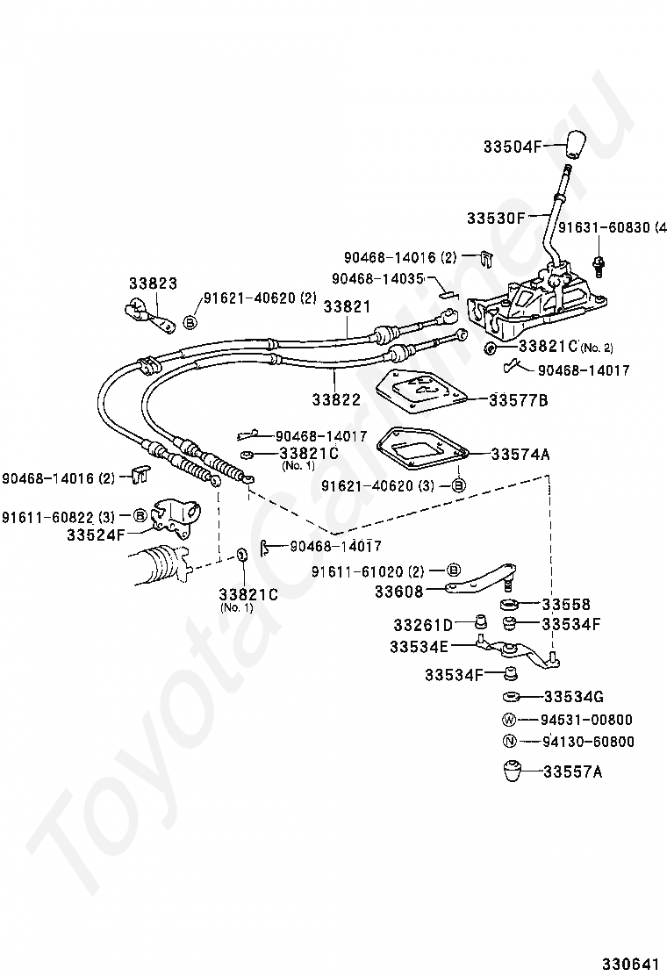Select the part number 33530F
click(x=495, y=217)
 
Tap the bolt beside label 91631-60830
click(x=599, y=261)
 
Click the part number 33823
click(x=153, y=283)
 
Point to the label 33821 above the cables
click(x=347, y=307)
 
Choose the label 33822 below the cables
click(x=335, y=399)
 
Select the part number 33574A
click(x=520, y=454)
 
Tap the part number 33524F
click(x=96, y=533)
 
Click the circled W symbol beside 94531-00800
click(x=509, y=720)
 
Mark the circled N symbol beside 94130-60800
click(x=509, y=742)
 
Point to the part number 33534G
click(x=574, y=697)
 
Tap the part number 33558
click(x=565, y=604)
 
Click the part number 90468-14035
click(x=377, y=278)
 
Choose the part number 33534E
click(x=419, y=647)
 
